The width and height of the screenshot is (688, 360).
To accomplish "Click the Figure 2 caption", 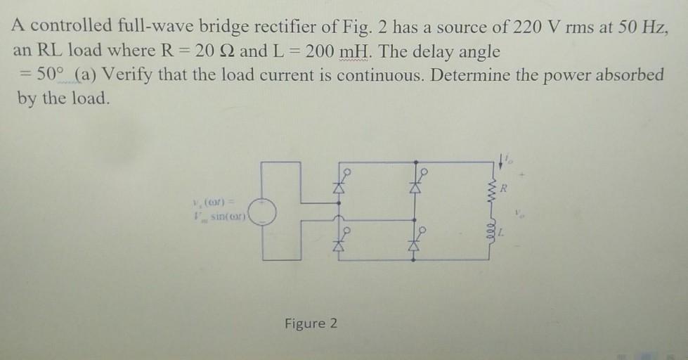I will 311,323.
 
